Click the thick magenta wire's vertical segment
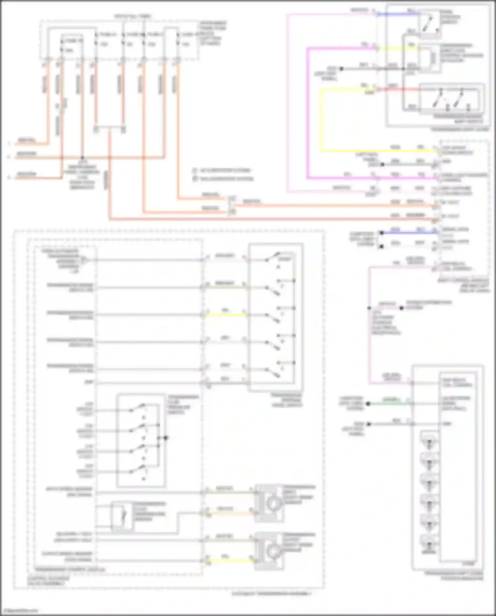tap(308, 113)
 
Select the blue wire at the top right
tap(397, 14)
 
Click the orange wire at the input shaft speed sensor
tap(228, 513)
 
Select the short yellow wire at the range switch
tap(225, 315)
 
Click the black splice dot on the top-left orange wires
tap(82, 158)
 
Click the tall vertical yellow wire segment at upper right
tap(320, 119)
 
